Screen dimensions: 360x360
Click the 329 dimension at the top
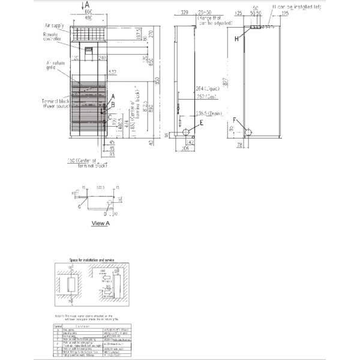184,12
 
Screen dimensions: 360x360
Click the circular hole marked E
186,131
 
